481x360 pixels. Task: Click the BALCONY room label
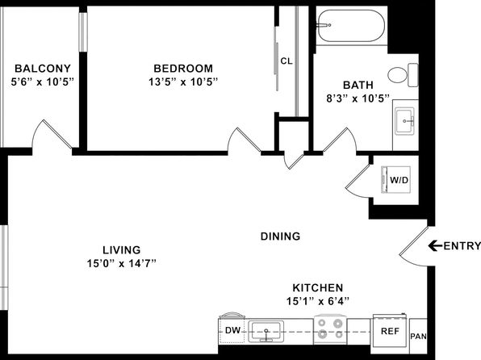[43, 68]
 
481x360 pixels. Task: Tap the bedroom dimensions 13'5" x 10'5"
[183, 82]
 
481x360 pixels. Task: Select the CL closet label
[287, 61]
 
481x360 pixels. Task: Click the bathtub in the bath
[351, 26]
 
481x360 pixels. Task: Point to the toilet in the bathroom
[403, 75]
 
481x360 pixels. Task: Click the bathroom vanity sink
[404, 121]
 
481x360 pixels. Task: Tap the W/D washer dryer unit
[395, 180]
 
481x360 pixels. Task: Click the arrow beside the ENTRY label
[435, 245]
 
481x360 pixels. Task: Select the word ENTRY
[462, 246]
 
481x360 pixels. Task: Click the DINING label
[280, 237]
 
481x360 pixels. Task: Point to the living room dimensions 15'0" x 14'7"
[122, 263]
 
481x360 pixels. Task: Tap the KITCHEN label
[318, 288]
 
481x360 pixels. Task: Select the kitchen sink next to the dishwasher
[266, 332]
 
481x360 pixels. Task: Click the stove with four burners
[330, 329]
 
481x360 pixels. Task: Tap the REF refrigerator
[390, 332]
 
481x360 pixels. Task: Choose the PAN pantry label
[418, 337]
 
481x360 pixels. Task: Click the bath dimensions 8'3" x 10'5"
[358, 98]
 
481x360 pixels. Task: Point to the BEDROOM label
[183, 68]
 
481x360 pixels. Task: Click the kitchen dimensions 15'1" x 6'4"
[318, 301]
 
